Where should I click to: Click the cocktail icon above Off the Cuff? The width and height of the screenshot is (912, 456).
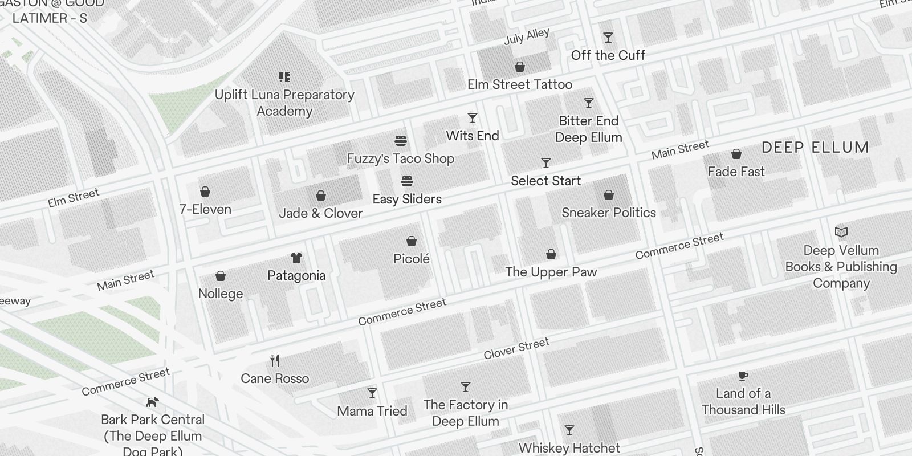(608, 38)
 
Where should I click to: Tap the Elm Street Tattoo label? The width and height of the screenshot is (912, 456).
(520, 84)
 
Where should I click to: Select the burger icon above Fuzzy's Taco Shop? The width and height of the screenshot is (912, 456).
(401, 141)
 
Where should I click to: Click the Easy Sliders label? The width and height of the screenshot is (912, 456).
(407, 199)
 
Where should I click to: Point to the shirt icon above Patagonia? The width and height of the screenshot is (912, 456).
(296, 258)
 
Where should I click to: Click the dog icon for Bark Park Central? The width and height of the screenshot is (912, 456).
(152, 402)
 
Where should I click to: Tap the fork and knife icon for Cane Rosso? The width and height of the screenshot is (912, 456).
(275, 361)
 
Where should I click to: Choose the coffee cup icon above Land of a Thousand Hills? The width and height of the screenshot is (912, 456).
(743, 376)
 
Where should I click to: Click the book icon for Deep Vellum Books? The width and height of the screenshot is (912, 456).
(841, 233)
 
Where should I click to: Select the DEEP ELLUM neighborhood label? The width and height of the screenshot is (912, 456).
(815, 148)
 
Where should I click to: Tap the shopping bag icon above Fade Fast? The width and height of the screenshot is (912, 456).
(736, 154)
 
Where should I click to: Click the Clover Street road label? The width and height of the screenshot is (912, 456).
(516, 348)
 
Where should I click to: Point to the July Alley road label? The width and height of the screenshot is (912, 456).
(527, 36)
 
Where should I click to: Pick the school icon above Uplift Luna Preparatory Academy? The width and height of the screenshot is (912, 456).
(284, 77)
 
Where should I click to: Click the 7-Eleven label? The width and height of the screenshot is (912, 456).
(205, 209)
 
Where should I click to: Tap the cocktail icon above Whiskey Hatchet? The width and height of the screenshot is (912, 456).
(569, 430)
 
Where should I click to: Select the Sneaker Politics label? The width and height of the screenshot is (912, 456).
(609, 213)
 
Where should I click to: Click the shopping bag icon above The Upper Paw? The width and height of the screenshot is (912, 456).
(551, 254)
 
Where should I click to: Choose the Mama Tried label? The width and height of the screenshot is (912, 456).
(372, 411)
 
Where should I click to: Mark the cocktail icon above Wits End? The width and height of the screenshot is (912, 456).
(473, 118)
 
